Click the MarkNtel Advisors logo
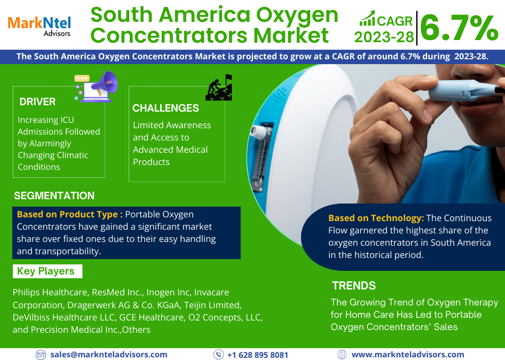point(39,26)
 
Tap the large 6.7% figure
point(459,28)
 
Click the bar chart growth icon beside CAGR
point(367,18)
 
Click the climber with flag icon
point(219,88)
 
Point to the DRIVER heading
point(37,102)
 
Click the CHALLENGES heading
point(165,108)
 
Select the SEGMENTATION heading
point(54,195)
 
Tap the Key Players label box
point(48,271)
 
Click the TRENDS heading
point(354,286)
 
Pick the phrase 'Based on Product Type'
point(67,214)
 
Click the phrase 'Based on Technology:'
point(376,218)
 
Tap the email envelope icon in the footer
point(41,355)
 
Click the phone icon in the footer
point(219,355)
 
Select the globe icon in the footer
point(342,355)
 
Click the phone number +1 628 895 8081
point(258,355)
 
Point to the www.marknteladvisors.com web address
point(408,355)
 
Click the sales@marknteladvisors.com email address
point(109,355)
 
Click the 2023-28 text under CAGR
point(384,37)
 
